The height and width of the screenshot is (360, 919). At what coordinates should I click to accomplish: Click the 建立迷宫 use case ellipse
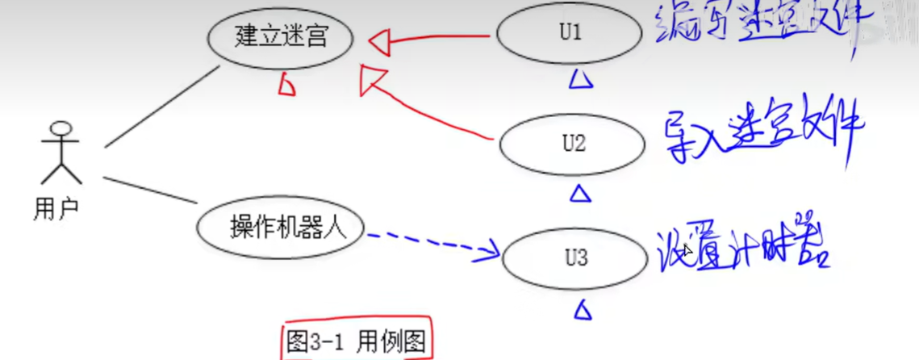(x=280, y=37)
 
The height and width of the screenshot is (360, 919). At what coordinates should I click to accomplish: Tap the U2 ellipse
(x=573, y=145)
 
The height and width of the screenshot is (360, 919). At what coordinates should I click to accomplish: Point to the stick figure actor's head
(x=62, y=129)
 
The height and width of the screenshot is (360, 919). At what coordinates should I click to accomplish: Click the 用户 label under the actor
(x=56, y=209)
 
